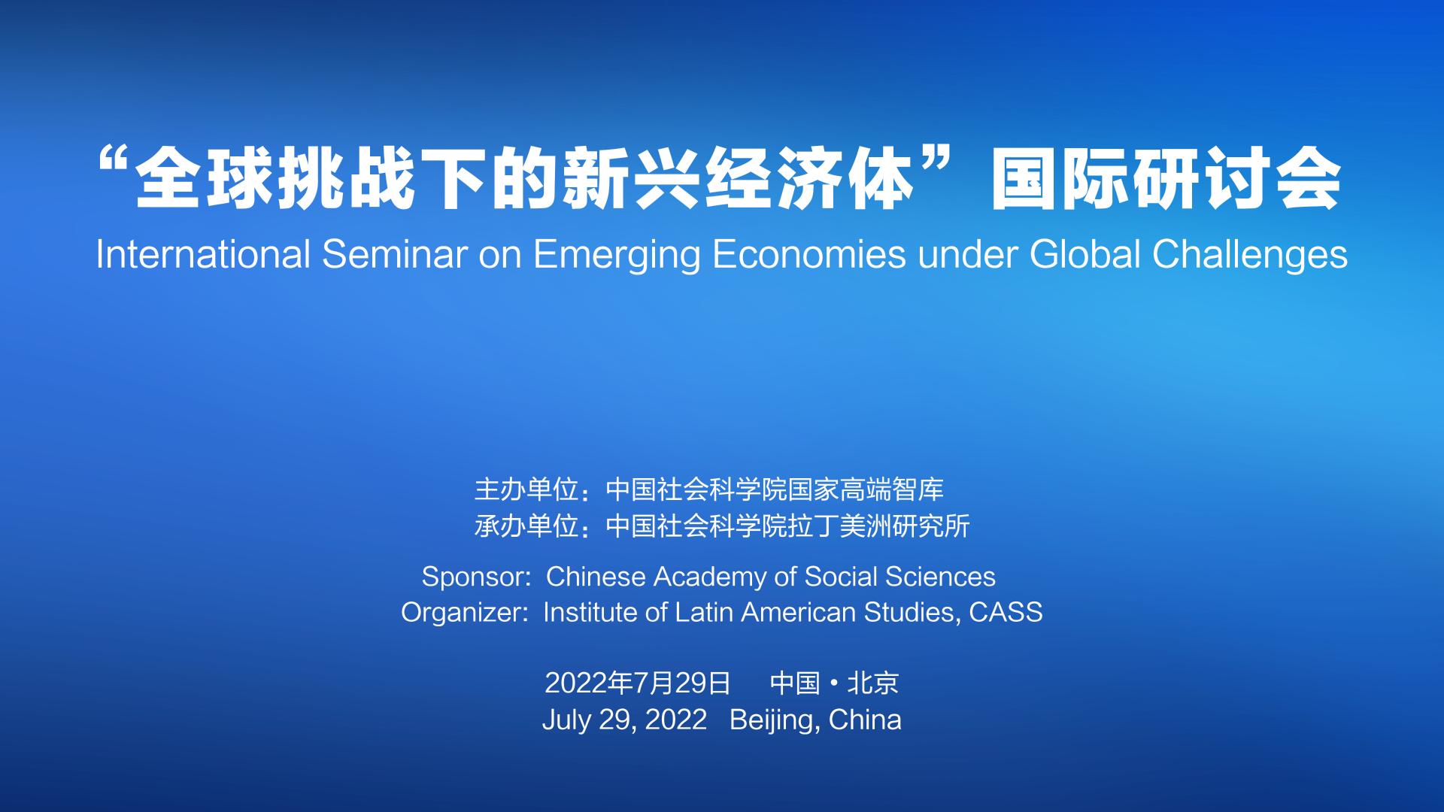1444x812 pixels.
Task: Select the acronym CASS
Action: coord(1006,612)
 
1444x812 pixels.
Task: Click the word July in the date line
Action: coord(566,720)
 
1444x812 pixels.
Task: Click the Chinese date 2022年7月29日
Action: coord(638,683)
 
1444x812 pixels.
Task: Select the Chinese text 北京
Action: coord(873,683)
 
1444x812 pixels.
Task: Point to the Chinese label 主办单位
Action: coord(526,490)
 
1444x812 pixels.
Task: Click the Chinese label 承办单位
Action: coord(526,526)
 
